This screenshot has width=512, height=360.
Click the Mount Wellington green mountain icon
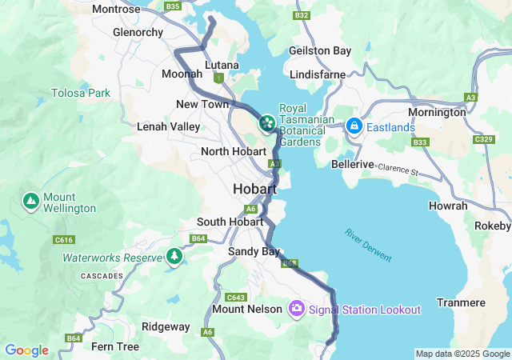point(30,201)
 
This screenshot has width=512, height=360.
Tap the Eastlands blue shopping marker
point(354,126)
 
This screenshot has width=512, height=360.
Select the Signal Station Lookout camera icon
point(297,309)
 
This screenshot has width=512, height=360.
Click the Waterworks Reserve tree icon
point(174,256)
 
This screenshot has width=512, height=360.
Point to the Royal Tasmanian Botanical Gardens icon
point(266,124)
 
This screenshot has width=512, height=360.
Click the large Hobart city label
point(254,190)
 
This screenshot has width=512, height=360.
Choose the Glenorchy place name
point(138,33)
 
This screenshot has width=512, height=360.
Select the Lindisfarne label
point(318,74)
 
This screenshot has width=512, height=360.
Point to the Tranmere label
point(461,302)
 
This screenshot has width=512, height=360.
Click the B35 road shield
point(172,6)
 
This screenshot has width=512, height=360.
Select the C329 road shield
point(483,140)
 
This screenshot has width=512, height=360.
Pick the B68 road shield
point(290,262)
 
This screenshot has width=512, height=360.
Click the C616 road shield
point(64,239)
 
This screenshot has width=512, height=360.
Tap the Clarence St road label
point(398,170)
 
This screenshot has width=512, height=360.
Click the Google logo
point(26,350)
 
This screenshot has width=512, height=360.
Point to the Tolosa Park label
point(81,94)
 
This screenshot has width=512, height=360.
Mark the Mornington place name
point(437,113)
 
